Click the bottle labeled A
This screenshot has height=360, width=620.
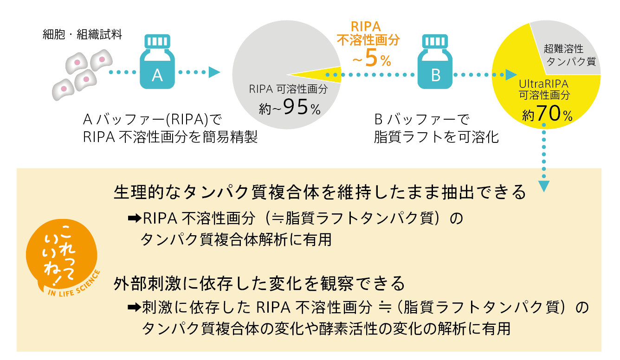157,65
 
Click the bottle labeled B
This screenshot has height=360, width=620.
435,65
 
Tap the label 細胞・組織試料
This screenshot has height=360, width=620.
82,34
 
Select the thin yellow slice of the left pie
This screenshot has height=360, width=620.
325,74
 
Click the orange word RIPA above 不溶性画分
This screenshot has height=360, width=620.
368,25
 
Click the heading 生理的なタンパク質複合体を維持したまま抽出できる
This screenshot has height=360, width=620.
320,192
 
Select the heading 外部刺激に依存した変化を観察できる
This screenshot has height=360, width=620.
259,283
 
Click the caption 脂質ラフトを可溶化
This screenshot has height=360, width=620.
436,137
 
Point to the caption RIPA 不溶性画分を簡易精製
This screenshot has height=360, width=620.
170,137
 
